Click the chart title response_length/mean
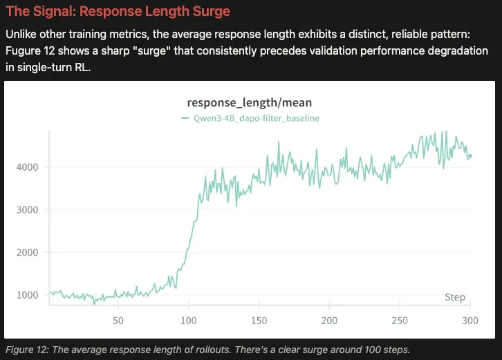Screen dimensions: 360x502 [250, 102]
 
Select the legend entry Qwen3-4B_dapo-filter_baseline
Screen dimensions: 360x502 [255, 118]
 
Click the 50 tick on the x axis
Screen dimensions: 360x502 [118, 321]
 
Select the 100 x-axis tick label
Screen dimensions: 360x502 [188, 321]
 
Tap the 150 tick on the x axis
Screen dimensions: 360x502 [259, 321]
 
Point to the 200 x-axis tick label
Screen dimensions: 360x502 [330, 321]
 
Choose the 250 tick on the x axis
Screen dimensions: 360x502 [400, 321]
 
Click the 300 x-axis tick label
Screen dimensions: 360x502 [470, 321]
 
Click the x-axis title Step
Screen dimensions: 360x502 [454, 297]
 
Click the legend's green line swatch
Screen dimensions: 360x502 [185, 118]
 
